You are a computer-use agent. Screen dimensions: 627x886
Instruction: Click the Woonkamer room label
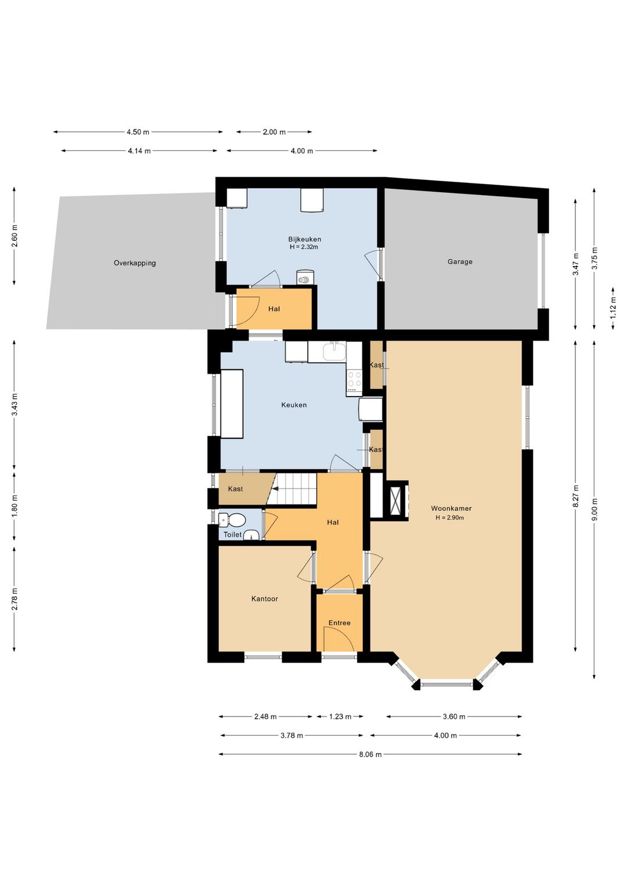pos(451,508)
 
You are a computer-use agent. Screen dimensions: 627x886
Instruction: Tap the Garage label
pos(460,261)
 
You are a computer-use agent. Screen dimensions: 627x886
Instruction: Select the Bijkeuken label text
pos(305,239)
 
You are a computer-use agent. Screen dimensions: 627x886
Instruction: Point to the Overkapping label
pos(135,262)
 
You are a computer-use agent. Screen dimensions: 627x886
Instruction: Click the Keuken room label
pos(294,405)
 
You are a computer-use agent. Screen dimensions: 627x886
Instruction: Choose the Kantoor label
pos(265,599)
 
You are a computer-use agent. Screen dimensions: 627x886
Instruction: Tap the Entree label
pos(340,622)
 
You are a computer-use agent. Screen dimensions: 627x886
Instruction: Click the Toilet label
pos(233,534)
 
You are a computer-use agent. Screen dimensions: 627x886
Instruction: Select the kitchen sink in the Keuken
pos(334,352)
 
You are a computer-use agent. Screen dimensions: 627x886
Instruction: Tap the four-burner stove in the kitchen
pos(354,380)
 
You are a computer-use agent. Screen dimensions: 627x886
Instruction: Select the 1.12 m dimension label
pos(613,308)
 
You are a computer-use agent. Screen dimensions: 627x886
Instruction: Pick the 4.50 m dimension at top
pos(138,132)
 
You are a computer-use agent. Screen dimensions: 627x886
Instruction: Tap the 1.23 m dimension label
pos(340,716)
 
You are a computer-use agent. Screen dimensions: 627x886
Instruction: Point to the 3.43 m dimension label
pos(15,405)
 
